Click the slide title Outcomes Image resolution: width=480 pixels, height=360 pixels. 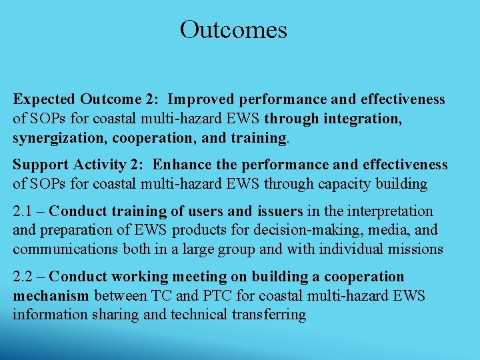click(x=233, y=30)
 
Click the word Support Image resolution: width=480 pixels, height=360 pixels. click(x=39, y=165)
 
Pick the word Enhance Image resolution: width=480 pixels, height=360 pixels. click(x=181, y=165)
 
